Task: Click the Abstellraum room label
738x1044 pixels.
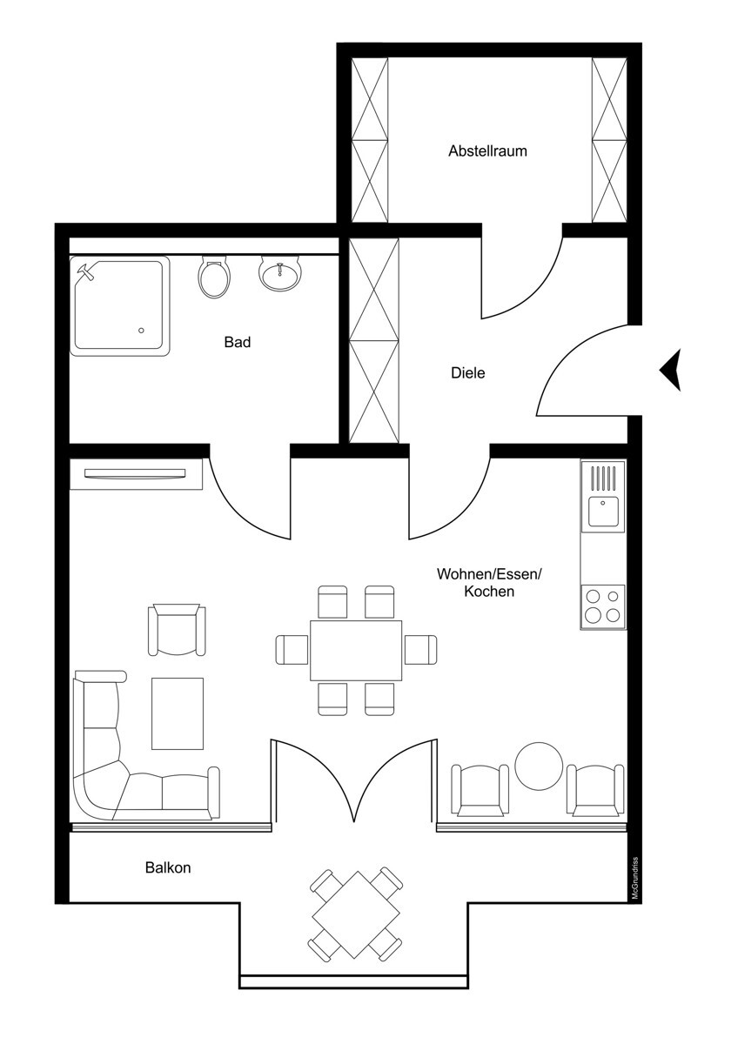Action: (487, 151)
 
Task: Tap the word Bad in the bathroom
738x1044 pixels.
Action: (237, 342)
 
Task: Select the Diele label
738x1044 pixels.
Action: (467, 373)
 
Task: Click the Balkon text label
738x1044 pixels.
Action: (168, 867)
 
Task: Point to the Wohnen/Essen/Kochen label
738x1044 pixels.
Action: (488, 583)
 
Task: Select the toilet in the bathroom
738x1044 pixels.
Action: (214, 277)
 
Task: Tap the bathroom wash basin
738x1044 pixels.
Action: (280, 274)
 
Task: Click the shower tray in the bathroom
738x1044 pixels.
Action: (120, 306)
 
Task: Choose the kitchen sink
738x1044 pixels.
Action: (603, 511)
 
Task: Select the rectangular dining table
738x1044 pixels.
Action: (356, 650)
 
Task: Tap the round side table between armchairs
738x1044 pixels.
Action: (540, 766)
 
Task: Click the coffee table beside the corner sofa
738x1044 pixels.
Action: (178, 713)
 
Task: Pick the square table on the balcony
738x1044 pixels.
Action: (356, 913)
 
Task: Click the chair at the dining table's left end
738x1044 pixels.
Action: (292, 650)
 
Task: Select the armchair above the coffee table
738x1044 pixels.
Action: (178, 630)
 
